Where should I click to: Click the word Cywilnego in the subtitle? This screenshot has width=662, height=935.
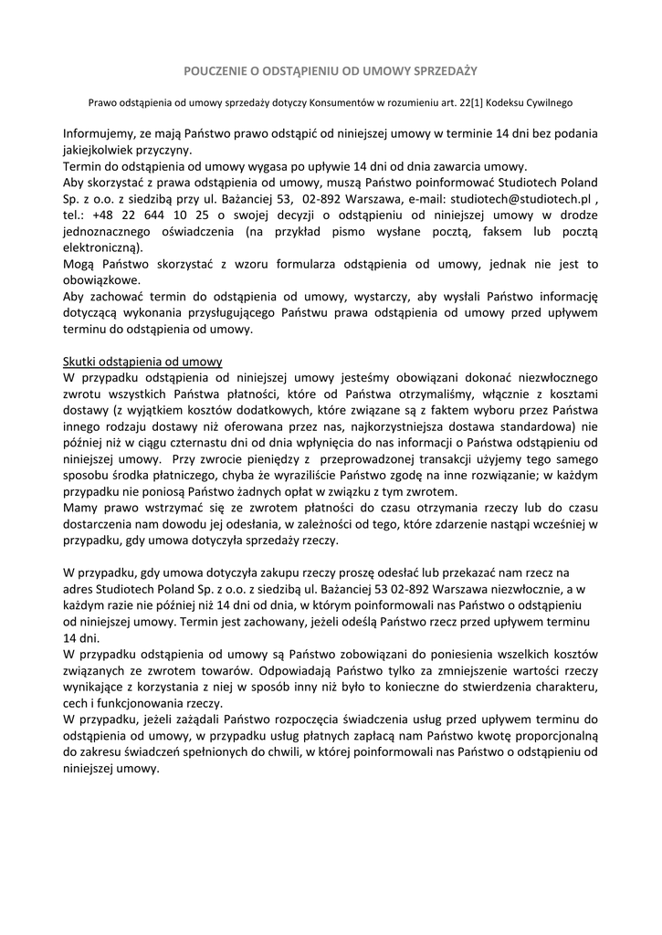pos(547,103)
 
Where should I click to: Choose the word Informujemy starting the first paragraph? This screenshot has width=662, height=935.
pos(102,133)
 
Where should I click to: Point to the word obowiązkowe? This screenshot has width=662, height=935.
pos(101,279)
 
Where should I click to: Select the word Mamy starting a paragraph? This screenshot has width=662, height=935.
pos(79,507)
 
